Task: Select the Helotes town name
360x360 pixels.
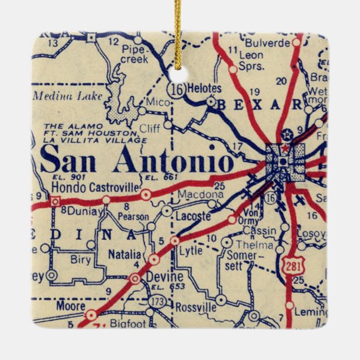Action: (x=204, y=88)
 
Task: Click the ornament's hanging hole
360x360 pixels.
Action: (x=178, y=75)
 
